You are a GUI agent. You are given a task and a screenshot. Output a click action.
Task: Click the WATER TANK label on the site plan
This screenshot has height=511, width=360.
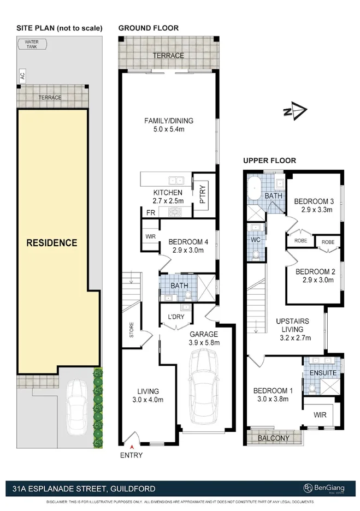coord(33,44)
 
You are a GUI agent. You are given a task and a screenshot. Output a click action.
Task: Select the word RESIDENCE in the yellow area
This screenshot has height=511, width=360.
coord(52,242)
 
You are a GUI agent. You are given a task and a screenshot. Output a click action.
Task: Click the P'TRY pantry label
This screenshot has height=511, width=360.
coord(202,195)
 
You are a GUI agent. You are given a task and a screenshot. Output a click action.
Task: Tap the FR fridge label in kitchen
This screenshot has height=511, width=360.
coord(149,212)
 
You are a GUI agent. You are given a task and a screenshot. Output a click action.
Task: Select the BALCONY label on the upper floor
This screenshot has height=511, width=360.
coord(274,438)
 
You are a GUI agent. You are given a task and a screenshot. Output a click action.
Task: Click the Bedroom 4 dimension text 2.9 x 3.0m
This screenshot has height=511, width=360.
coord(186,251)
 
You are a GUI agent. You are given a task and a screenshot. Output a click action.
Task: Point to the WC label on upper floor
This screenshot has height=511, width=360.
coord(255,239)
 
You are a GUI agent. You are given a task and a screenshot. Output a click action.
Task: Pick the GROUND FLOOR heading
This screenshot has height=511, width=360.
coord(148,28)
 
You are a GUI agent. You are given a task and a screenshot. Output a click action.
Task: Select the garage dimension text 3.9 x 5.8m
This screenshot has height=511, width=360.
coord(204,342)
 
